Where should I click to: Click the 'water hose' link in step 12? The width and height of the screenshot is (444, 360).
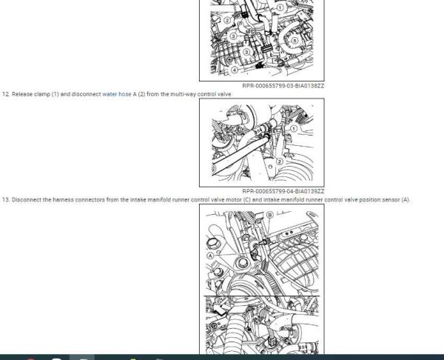(x=117, y=94)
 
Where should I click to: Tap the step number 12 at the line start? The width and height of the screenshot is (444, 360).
(x=6, y=94)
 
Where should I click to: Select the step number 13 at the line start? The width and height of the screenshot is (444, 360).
(x=6, y=199)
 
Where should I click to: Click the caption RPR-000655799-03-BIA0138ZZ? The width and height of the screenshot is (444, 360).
(x=283, y=86)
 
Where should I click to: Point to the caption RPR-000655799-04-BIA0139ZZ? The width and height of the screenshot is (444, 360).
(x=283, y=191)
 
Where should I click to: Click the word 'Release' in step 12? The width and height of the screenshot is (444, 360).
(x=22, y=94)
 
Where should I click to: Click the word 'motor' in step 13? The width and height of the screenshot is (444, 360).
(x=234, y=199)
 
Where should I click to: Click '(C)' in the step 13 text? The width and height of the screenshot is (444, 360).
(x=247, y=199)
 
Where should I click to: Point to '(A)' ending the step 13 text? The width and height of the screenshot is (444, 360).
(x=406, y=199)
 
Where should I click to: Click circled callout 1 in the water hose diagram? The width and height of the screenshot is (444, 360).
(x=294, y=129)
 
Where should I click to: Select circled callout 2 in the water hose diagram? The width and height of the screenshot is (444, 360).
(x=280, y=161)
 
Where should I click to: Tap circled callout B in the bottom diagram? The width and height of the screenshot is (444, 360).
(x=270, y=215)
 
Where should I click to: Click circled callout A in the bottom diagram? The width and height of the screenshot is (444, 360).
(x=210, y=256)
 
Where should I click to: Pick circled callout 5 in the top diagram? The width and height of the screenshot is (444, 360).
(x=295, y=41)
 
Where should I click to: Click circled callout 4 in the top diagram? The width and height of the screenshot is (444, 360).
(x=235, y=70)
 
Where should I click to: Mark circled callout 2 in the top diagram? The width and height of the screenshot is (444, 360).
(x=227, y=20)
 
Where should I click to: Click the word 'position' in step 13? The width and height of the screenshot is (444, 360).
(x=370, y=199)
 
